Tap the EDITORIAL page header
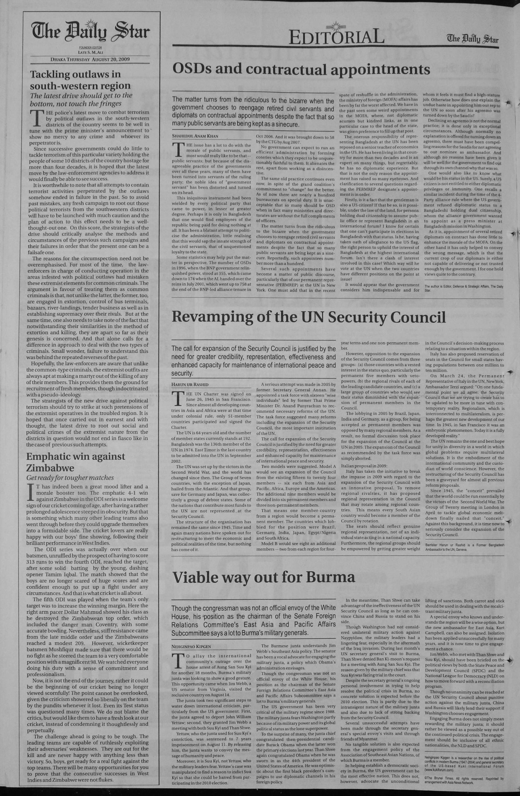336,37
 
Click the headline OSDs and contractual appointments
301,69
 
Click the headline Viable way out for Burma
263,577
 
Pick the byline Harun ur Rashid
190,384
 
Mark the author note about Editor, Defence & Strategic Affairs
463,288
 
